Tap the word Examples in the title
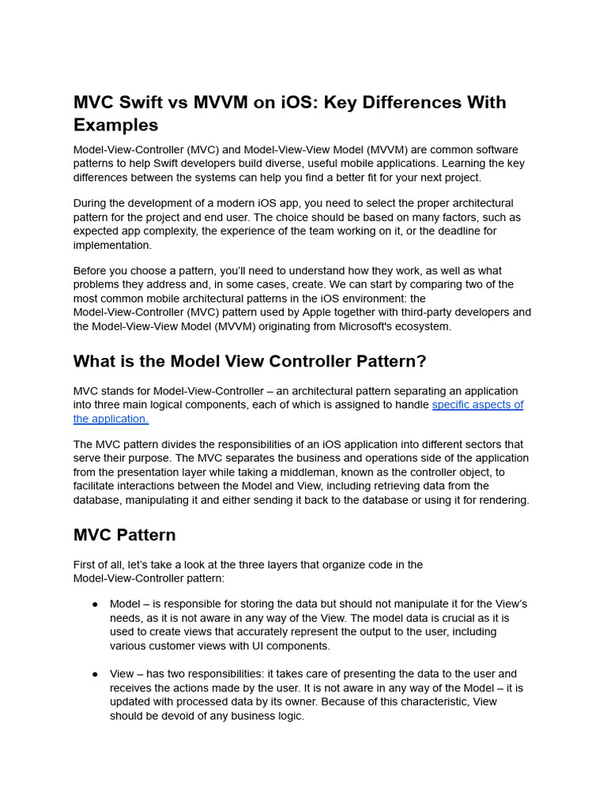coord(115,125)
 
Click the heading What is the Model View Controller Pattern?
coord(250,361)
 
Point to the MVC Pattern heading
coord(124,535)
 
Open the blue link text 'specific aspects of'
coord(477,404)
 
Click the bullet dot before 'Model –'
coord(95,604)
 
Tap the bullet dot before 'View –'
coord(95,674)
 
